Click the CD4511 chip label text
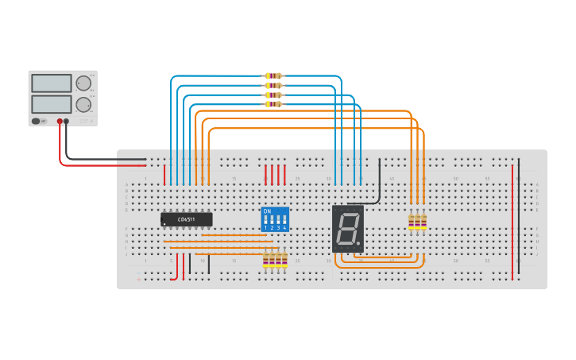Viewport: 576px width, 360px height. (x=187, y=219)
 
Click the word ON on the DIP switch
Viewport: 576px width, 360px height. (x=267, y=211)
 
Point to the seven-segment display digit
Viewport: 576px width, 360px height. (x=346, y=230)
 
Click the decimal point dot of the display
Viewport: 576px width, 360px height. (x=358, y=243)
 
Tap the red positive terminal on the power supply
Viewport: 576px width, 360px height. (x=60, y=122)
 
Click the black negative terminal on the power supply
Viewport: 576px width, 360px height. (x=66, y=122)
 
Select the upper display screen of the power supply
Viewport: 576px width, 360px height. (x=52, y=83)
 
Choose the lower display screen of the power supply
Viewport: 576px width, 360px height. (x=52, y=104)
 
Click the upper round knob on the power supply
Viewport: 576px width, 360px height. (x=83, y=83)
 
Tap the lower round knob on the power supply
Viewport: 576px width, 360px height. (x=83, y=104)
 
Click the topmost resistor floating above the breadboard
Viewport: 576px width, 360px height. (x=273, y=76)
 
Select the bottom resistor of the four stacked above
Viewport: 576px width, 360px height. (x=273, y=104)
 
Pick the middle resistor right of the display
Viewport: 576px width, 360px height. (x=417, y=222)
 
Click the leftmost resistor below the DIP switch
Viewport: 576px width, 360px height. (x=266, y=259)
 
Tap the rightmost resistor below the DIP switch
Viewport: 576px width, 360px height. (x=284, y=259)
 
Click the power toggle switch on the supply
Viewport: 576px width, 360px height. (x=37, y=121)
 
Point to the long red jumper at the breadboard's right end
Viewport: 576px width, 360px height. (x=512, y=223)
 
